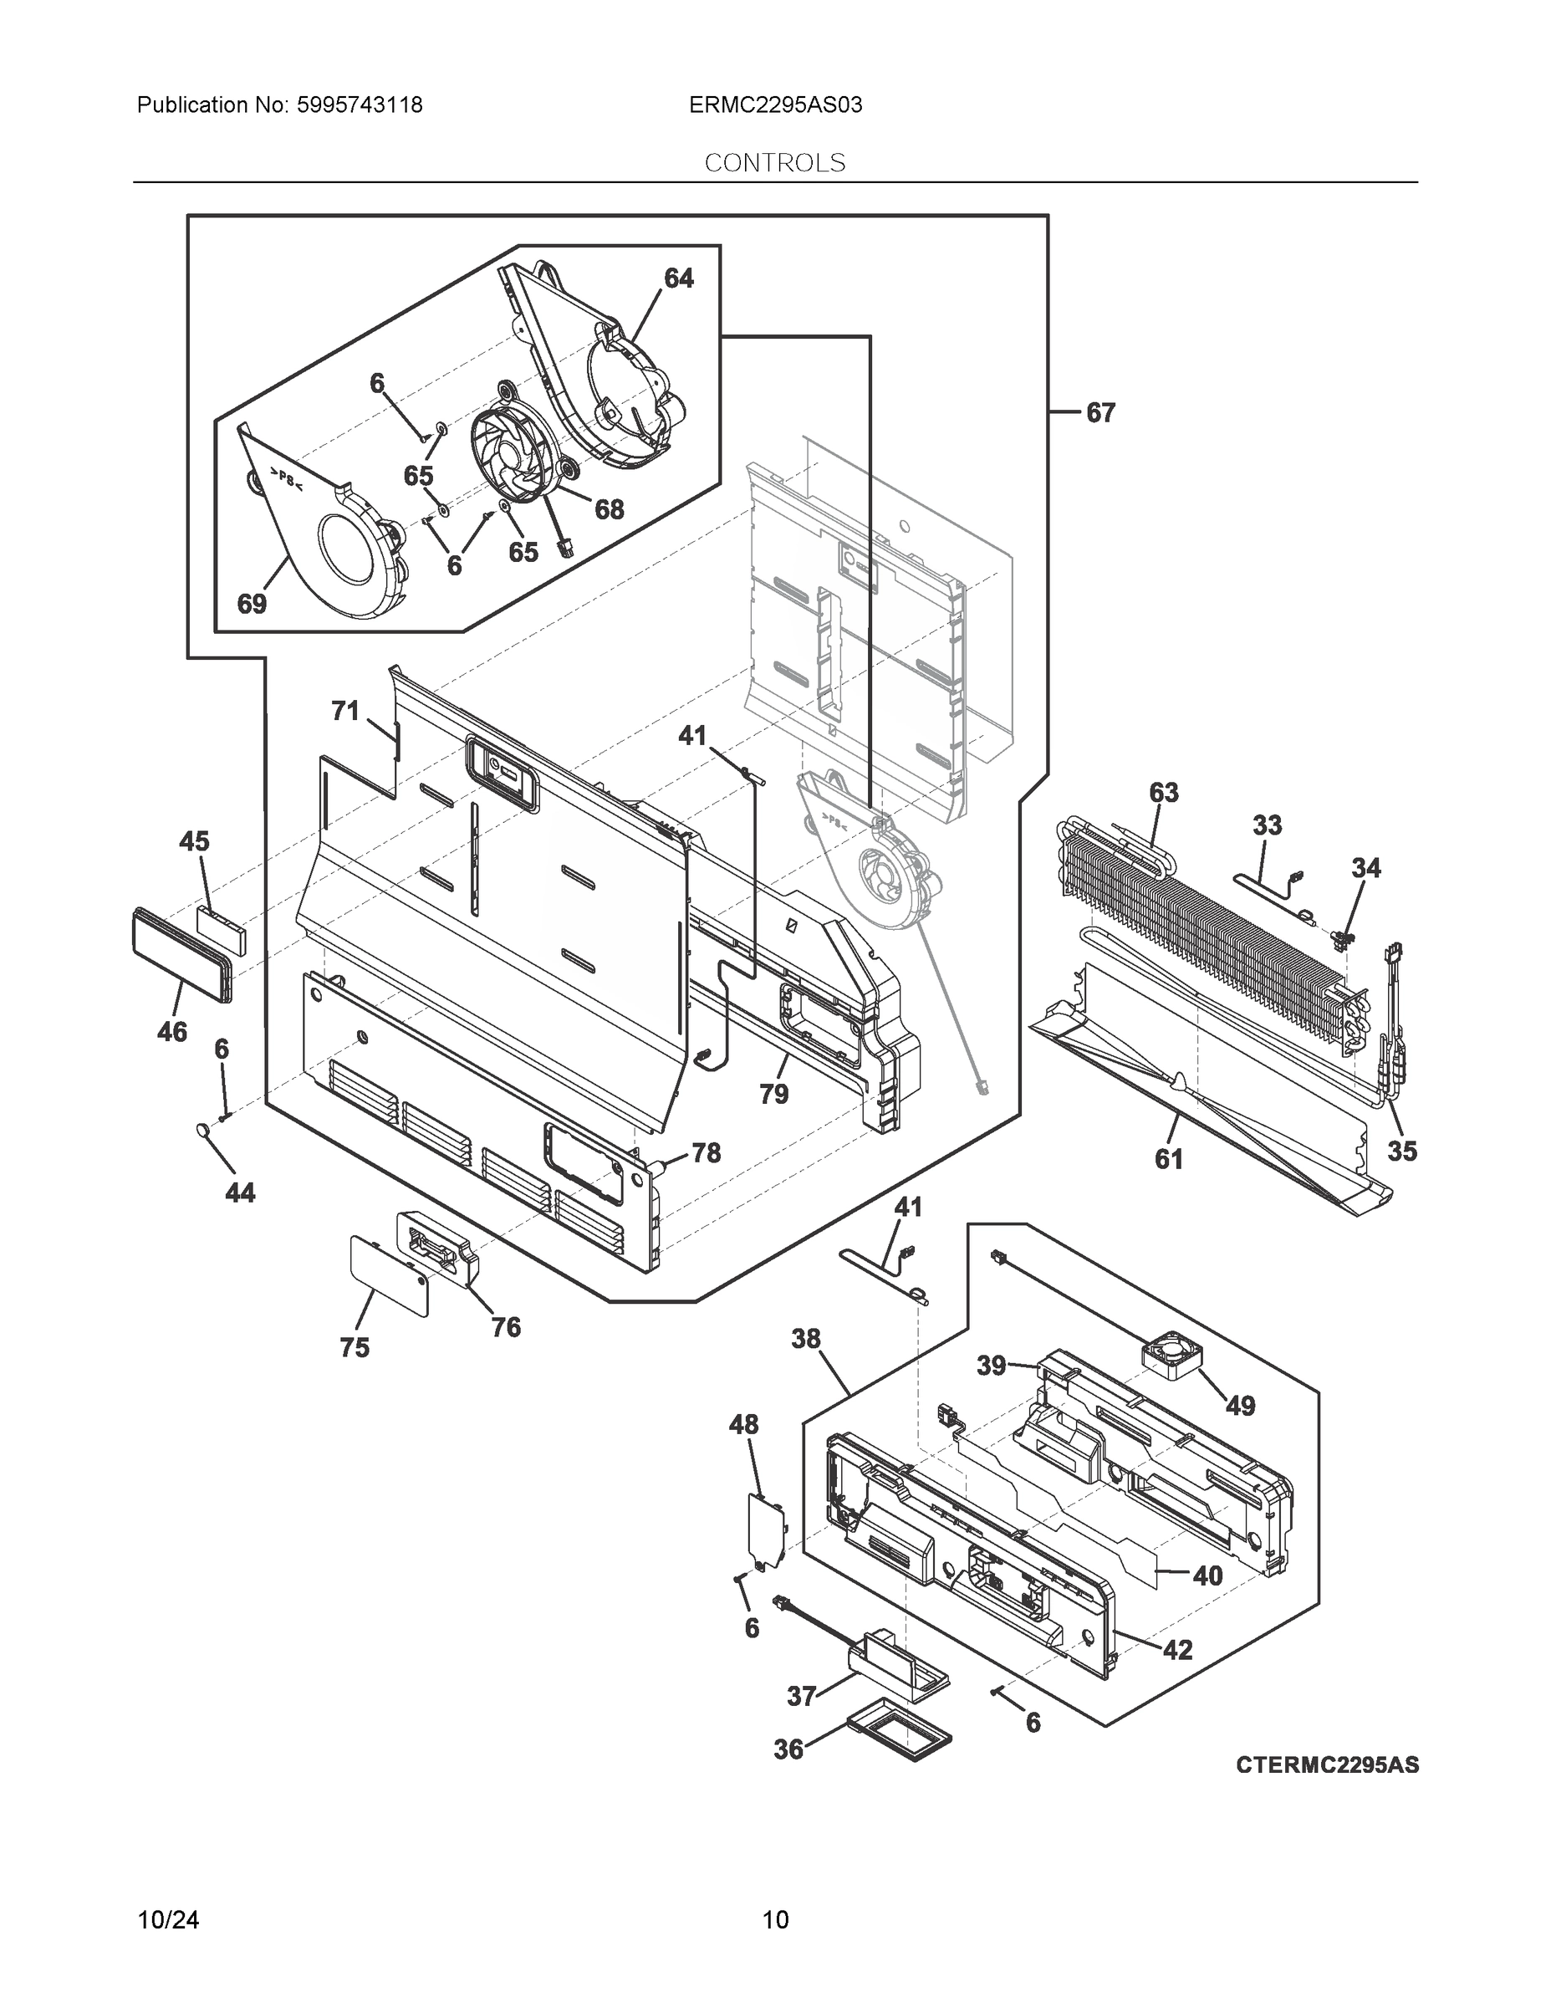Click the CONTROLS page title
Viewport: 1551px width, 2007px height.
coord(774,163)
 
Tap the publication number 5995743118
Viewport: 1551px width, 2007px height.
coord(360,105)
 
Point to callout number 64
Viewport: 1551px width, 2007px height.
coord(678,278)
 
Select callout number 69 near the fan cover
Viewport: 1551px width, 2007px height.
coord(252,604)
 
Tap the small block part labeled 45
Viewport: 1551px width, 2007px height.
coord(221,930)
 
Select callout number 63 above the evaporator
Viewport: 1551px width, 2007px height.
coord(1163,792)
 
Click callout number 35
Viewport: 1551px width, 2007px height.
coord(1402,1151)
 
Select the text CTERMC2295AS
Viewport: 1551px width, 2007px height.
coord(1327,1765)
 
